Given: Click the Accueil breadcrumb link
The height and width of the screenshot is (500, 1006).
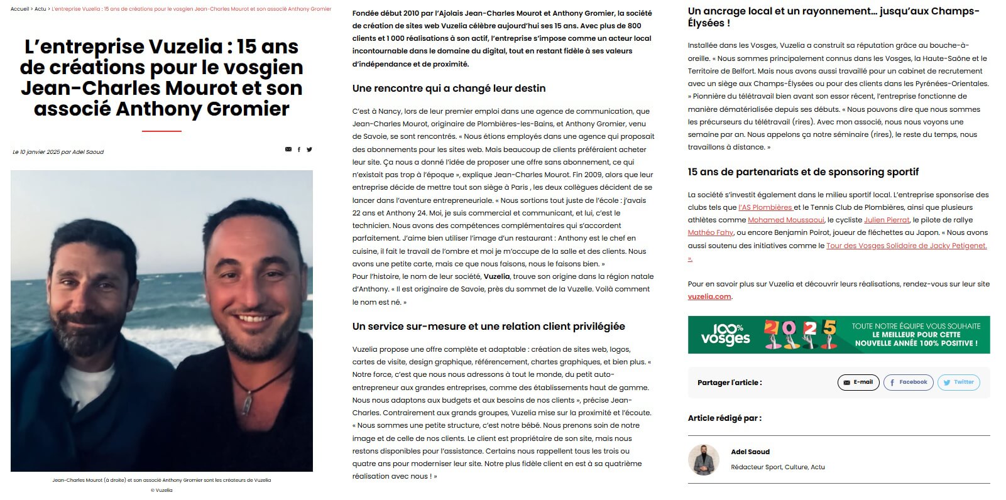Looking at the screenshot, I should [x=20, y=9].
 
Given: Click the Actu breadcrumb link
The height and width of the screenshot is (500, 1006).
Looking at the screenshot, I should [x=40, y=9].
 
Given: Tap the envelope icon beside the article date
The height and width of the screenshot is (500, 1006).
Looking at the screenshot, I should [x=288, y=149].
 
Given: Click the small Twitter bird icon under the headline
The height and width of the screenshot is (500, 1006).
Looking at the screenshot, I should [x=309, y=149].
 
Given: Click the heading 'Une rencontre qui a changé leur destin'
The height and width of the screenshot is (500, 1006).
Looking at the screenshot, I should [x=449, y=89].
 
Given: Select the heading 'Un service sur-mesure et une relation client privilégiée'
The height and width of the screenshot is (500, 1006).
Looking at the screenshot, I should [x=488, y=327].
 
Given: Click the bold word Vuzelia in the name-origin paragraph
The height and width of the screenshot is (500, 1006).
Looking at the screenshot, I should [x=496, y=276].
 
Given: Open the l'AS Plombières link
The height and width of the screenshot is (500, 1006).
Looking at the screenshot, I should [x=765, y=207].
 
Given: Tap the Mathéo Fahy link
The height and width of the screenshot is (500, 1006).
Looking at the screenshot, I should [x=710, y=233].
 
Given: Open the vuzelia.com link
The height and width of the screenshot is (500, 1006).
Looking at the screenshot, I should [x=709, y=296].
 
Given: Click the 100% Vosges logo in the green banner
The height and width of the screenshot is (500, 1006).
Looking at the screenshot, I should [x=726, y=335].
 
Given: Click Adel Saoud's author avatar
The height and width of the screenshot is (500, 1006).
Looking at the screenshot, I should [x=703, y=460].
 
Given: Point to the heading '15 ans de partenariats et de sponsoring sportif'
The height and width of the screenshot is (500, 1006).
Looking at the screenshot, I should [x=803, y=172].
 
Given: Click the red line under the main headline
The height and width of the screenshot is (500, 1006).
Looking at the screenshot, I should [x=161, y=131].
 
